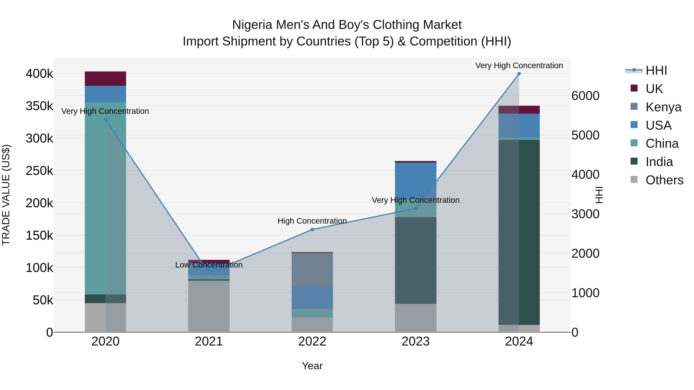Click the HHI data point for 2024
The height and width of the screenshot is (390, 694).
[x=519, y=74]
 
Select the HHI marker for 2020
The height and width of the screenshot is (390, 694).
[x=105, y=120]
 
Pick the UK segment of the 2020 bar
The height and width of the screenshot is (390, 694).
[x=105, y=79]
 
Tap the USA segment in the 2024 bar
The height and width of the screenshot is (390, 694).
[x=519, y=126]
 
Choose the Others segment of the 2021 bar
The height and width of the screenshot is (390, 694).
[x=209, y=306]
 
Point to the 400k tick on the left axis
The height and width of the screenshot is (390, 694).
[x=39, y=74]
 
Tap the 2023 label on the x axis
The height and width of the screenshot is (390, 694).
[x=415, y=341]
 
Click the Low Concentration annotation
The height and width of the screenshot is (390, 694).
[x=209, y=265]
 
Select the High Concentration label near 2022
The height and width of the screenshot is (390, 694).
[x=312, y=221]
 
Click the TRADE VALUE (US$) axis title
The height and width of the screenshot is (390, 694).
[x=6, y=195]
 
